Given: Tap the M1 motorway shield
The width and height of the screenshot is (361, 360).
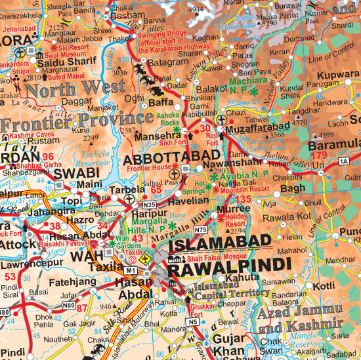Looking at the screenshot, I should pyautogui.click(x=131, y=270).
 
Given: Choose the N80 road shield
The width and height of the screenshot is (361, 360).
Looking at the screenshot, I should pyautogui.click(x=68, y=305).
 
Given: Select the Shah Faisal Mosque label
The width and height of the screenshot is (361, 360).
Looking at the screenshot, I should pyautogui.click(x=207, y=258).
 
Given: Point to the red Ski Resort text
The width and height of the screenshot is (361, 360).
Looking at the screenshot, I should pyautogui.click(x=74, y=48).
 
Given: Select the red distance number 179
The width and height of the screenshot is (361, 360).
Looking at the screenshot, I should pyautogui.click(x=320, y=155).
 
